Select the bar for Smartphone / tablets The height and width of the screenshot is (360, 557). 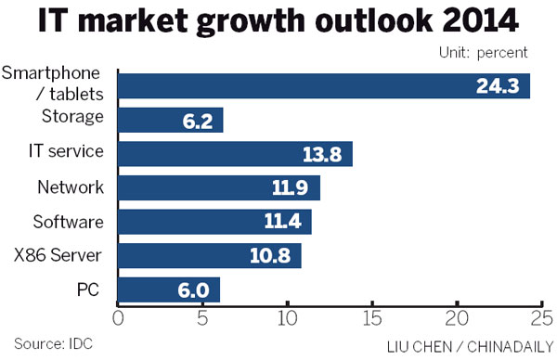[323, 86]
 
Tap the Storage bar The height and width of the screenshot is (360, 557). [171, 120]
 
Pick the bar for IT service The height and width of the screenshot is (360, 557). [235, 154]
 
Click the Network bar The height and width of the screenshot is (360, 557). [219, 188]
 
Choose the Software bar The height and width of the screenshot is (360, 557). [214, 222]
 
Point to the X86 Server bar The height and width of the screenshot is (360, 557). [210, 256]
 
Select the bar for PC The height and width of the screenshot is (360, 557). [169, 289]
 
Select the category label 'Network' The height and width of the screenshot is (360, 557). [71, 187]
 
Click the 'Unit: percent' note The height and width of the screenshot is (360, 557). [482, 54]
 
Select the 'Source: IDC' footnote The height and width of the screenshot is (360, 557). [46, 343]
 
